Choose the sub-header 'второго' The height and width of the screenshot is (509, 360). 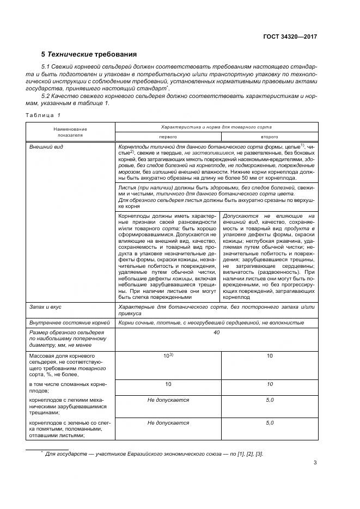[269, 137]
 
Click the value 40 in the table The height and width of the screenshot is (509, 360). [216, 333]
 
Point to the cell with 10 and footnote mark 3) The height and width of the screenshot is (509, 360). [168, 355]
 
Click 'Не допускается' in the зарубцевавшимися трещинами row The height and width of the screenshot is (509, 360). [168, 400]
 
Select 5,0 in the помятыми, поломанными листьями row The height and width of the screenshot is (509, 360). [269, 422]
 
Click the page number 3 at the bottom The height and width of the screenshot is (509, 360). [315, 463]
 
